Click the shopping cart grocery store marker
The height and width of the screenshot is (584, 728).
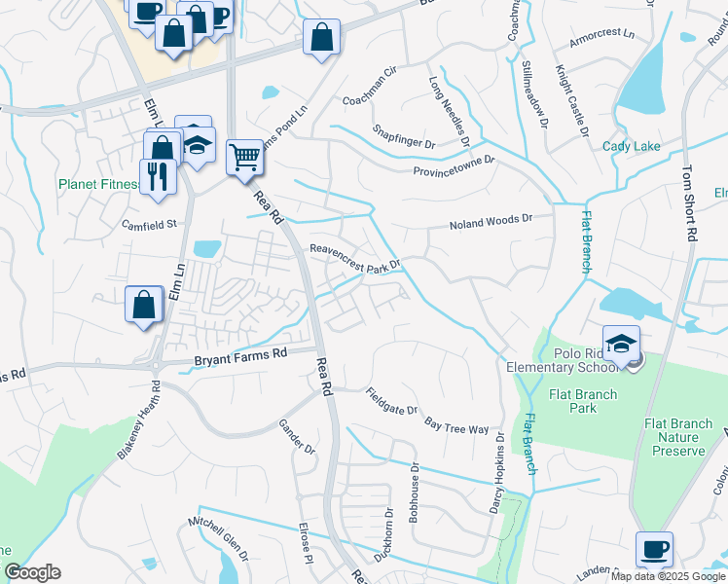click(x=244, y=156)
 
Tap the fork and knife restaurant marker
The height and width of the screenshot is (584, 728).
click(x=159, y=176)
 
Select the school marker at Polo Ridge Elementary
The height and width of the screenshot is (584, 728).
click(x=621, y=343)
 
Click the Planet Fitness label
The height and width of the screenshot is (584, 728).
click(x=99, y=183)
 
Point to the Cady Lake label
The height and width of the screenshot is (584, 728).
click(x=631, y=146)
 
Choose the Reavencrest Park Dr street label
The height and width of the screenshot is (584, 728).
click(x=355, y=256)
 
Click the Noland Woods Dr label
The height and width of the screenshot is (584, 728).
click(x=491, y=223)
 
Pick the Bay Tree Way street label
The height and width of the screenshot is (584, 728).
click(x=456, y=425)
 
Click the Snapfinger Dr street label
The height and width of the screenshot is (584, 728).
click(x=404, y=136)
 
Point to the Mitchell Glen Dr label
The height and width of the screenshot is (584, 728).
click(x=219, y=539)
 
